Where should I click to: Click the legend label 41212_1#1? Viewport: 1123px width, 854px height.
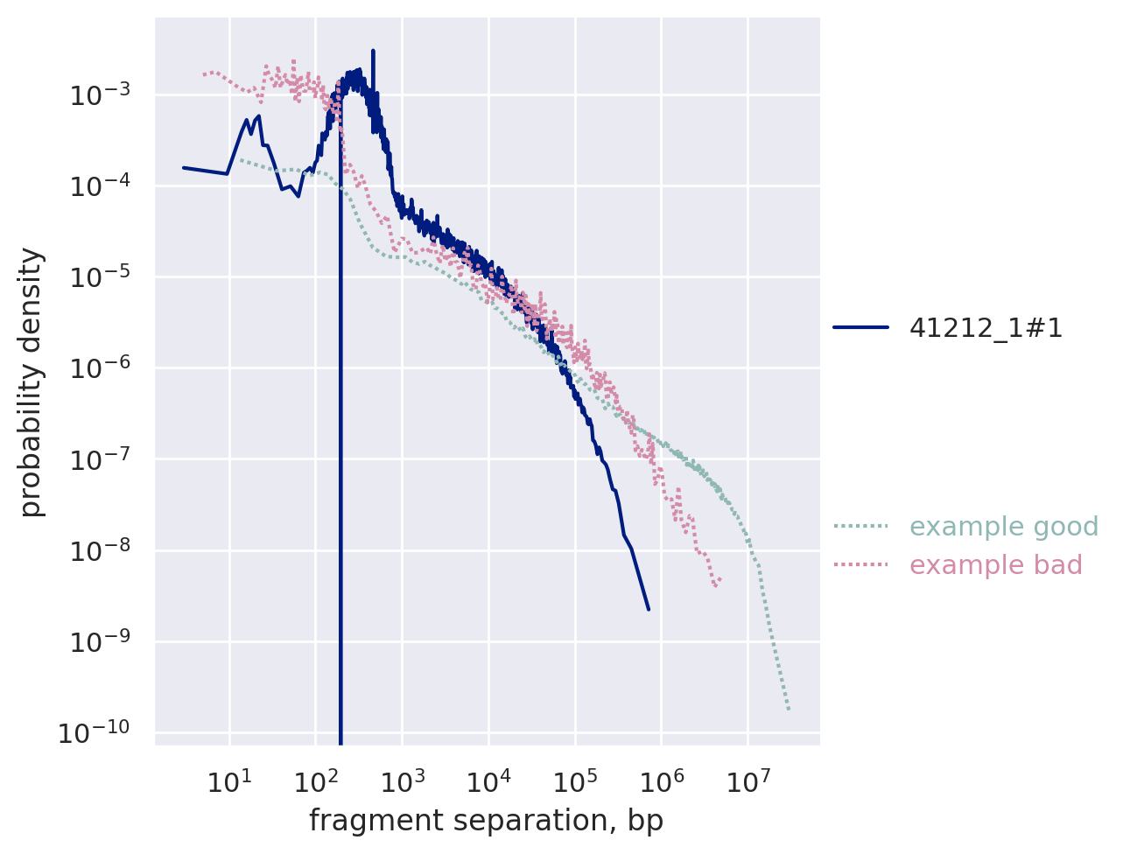[986, 328]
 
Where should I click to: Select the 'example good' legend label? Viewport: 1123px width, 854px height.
[1004, 527]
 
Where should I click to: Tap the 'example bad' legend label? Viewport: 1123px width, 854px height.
[996, 565]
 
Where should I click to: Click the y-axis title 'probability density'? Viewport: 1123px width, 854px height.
[32, 382]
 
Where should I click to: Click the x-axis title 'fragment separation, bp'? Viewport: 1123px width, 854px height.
[486, 821]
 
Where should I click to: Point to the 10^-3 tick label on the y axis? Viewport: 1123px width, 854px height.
[97, 94]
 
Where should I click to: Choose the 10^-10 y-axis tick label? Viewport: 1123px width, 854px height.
[94, 732]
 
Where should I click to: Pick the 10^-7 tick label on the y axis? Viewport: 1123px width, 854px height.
[97, 459]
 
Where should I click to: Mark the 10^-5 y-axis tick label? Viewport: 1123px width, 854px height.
[97, 277]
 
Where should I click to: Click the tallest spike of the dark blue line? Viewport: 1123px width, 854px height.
[374, 52]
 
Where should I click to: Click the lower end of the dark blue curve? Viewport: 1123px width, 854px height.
[649, 609]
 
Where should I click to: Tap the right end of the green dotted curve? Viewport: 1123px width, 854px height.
[789, 710]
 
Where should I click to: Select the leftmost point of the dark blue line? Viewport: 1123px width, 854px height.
[183, 167]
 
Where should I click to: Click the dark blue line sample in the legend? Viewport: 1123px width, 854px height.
[860, 328]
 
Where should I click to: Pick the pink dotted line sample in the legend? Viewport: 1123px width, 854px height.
[860, 565]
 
